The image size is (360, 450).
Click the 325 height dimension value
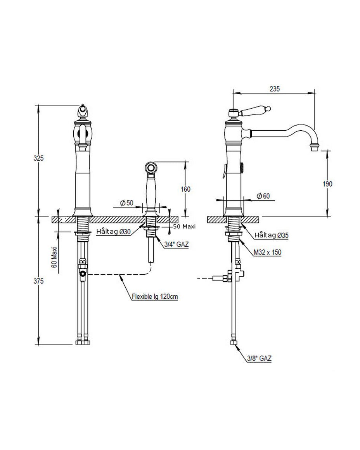click(x=38, y=158)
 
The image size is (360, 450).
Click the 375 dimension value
click(x=38, y=281)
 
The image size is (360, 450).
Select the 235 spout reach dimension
click(x=274, y=89)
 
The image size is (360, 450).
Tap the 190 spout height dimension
click(x=327, y=183)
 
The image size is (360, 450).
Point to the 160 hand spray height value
click(x=185, y=189)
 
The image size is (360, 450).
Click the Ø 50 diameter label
click(x=126, y=203)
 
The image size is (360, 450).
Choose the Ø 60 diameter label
click(x=263, y=196)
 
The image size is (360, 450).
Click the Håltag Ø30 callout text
click(x=114, y=231)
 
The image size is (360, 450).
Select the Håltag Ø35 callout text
click(x=272, y=235)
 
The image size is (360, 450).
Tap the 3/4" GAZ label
click(x=177, y=244)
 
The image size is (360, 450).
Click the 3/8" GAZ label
click(x=259, y=358)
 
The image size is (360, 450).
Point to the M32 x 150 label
click(x=267, y=252)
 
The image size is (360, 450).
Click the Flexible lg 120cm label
click(x=155, y=296)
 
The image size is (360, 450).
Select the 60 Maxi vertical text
click(x=54, y=257)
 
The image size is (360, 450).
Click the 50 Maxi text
click(x=185, y=227)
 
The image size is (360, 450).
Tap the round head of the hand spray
click(x=151, y=167)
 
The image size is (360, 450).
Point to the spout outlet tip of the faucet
click(x=315, y=148)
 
